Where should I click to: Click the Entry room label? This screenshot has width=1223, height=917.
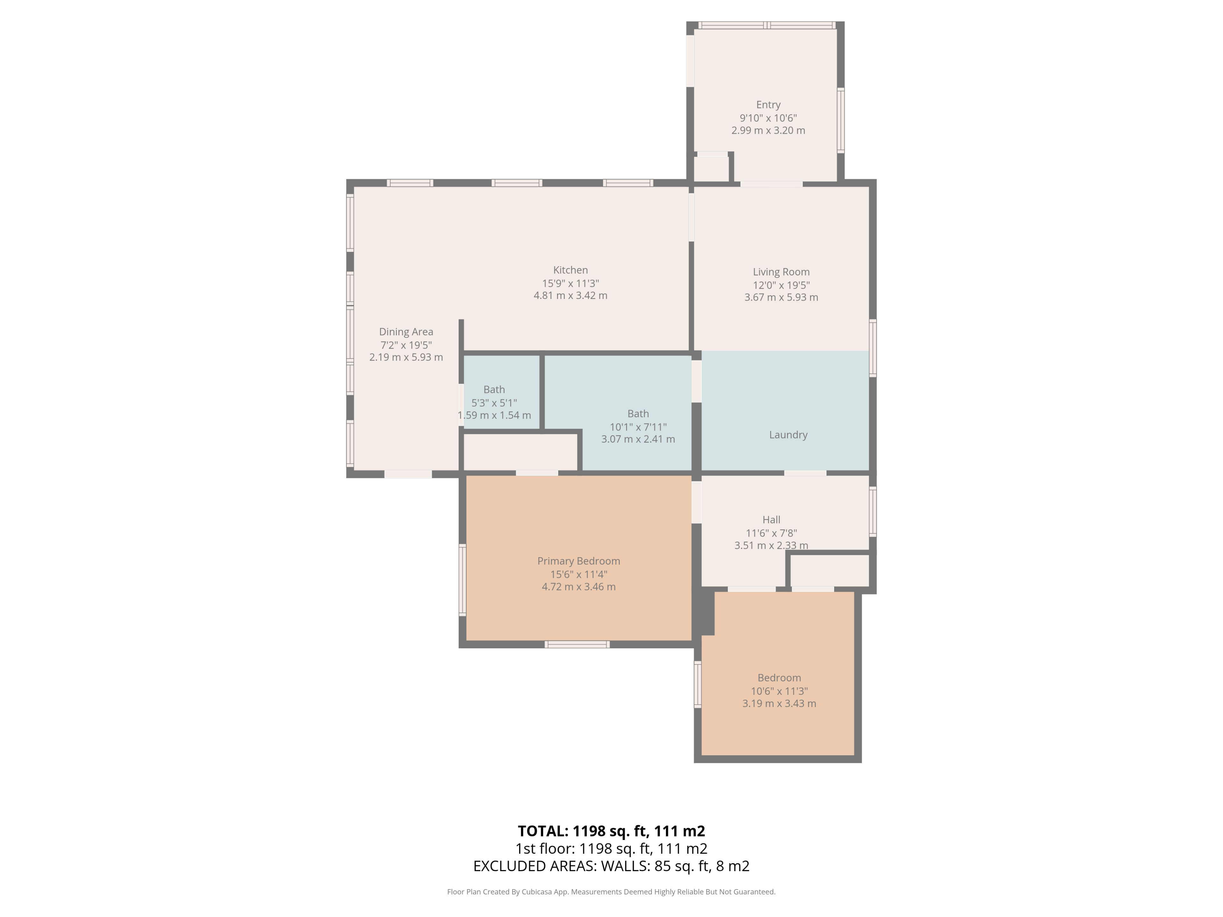[x=768, y=104]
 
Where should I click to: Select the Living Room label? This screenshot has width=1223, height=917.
[x=781, y=272]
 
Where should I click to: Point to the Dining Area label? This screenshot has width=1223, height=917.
[x=406, y=332]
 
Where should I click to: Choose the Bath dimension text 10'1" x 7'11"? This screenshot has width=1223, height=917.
[x=638, y=427]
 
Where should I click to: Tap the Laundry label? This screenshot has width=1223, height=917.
[x=788, y=435]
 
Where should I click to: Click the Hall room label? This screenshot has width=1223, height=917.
[x=771, y=520]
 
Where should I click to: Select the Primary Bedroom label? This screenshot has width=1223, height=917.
[x=578, y=561]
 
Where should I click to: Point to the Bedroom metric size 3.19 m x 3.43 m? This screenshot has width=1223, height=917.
[x=779, y=704]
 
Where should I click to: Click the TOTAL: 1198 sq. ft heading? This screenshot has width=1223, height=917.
[x=611, y=831]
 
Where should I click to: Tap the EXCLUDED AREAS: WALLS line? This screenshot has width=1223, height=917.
[x=611, y=866]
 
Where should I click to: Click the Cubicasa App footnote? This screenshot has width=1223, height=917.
[x=611, y=892]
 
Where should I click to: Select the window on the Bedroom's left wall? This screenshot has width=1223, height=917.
[x=698, y=684]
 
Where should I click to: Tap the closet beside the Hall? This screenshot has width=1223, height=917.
[x=829, y=570]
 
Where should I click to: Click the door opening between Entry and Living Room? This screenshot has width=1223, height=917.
[x=771, y=183]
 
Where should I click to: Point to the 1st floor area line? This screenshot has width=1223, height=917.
[x=611, y=849]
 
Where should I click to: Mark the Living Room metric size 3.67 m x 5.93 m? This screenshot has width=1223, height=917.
[x=781, y=297]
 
